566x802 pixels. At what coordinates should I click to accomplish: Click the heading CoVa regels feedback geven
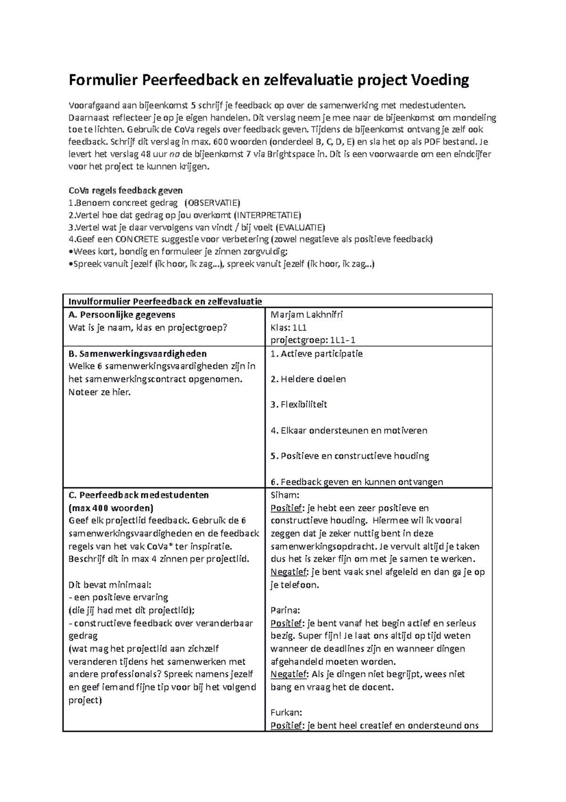coord(125,191)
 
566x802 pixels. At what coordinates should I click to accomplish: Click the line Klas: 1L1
coord(289,327)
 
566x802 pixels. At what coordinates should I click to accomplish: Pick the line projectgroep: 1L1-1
coord(313,340)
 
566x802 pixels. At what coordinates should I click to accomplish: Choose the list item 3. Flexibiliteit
coord(299,405)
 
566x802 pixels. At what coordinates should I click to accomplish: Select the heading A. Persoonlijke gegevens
coord(122,315)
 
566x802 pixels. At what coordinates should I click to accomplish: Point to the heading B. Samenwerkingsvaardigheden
coord(138,353)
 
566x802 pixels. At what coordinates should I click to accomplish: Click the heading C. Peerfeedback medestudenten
coord(139,495)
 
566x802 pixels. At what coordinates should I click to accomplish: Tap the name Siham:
coord(285,495)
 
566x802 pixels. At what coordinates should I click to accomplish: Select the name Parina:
coord(285,610)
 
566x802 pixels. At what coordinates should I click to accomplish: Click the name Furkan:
coord(286,713)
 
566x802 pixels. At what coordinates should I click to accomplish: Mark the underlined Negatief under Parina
coord(289,674)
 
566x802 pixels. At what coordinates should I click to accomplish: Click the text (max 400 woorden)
coord(111,508)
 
